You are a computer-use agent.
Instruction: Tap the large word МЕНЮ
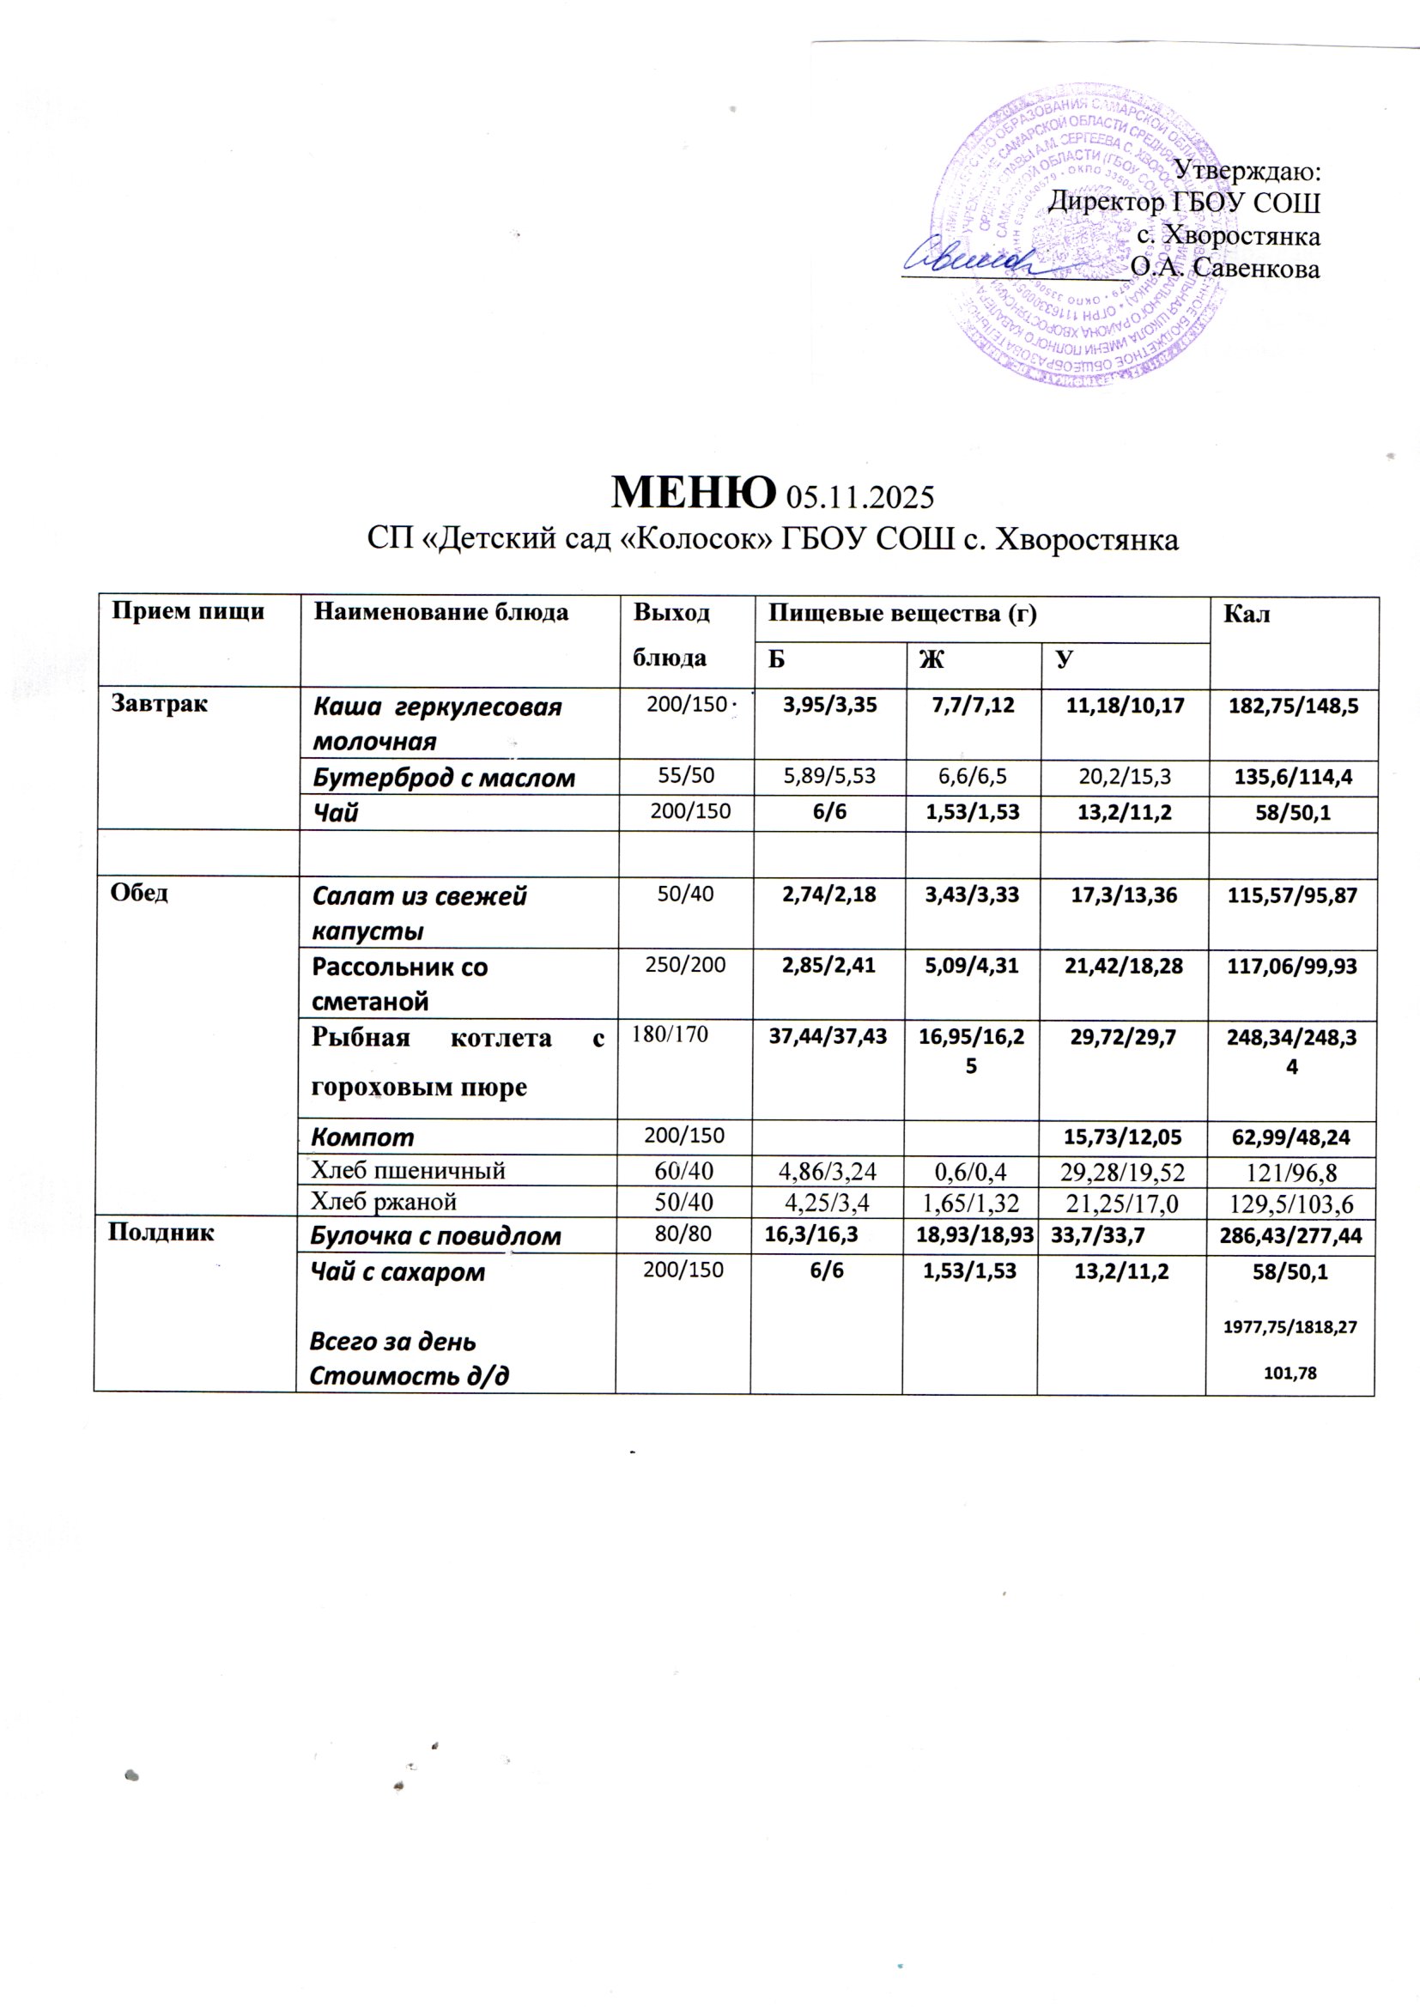(x=693, y=492)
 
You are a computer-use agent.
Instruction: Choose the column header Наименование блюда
(x=440, y=612)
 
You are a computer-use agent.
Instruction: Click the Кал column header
(x=1247, y=615)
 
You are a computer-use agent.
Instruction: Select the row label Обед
(x=139, y=893)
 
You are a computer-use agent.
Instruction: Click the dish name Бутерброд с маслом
(x=443, y=778)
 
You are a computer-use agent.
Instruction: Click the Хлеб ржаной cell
(x=385, y=1201)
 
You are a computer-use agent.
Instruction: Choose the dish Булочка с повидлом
(x=436, y=1236)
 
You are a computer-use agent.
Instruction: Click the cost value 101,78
(x=1290, y=1374)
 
